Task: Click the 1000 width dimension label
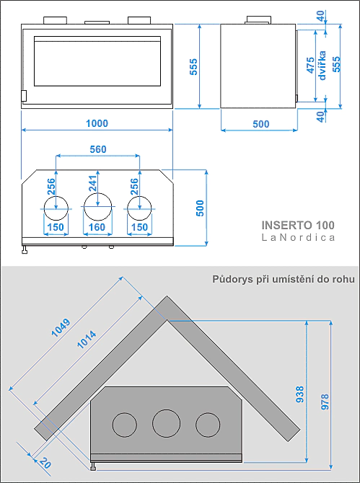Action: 97,123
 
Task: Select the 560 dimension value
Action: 98,149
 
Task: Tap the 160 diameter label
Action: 97,227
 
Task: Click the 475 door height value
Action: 311,66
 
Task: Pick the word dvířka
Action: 322,66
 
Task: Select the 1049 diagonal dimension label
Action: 61,328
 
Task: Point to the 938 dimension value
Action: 300,394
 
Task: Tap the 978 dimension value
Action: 325,402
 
